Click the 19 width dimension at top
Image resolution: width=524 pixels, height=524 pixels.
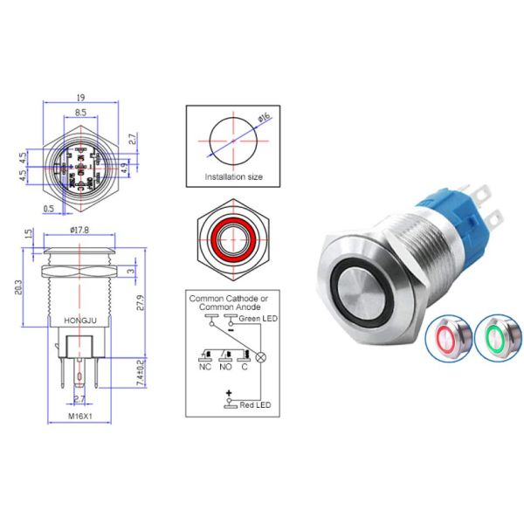(x=79, y=99)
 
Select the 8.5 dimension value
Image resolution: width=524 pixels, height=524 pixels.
(x=79, y=114)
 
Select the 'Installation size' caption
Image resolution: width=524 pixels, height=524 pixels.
(x=233, y=176)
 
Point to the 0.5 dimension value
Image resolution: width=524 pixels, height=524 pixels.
(x=50, y=209)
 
